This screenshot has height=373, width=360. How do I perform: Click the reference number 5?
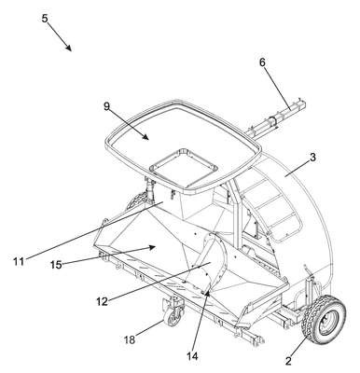[x=46, y=19]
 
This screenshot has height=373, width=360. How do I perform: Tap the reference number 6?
[x=262, y=62]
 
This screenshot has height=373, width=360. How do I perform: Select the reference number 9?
[x=106, y=106]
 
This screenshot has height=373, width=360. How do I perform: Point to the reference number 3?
[x=312, y=158]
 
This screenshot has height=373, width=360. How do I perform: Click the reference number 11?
[x=19, y=262]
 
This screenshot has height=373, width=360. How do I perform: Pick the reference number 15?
[x=56, y=265]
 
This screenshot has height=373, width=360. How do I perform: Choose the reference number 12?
[x=102, y=301]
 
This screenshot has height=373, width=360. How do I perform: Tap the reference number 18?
[x=130, y=339]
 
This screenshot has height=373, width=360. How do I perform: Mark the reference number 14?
[x=193, y=356]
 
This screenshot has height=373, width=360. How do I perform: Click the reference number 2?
[x=288, y=361]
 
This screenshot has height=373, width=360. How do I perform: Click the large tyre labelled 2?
[x=324, y=320]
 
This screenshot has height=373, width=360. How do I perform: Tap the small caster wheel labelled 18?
[x=173, y=318]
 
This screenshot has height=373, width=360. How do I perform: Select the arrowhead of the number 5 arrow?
[x=69, y=48]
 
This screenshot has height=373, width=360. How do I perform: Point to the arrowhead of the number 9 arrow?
[x=145, y=136]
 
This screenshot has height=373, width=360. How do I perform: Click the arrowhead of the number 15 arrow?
[x=152, y=247]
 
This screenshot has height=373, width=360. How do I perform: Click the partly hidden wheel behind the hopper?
[x=137, y=200]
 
